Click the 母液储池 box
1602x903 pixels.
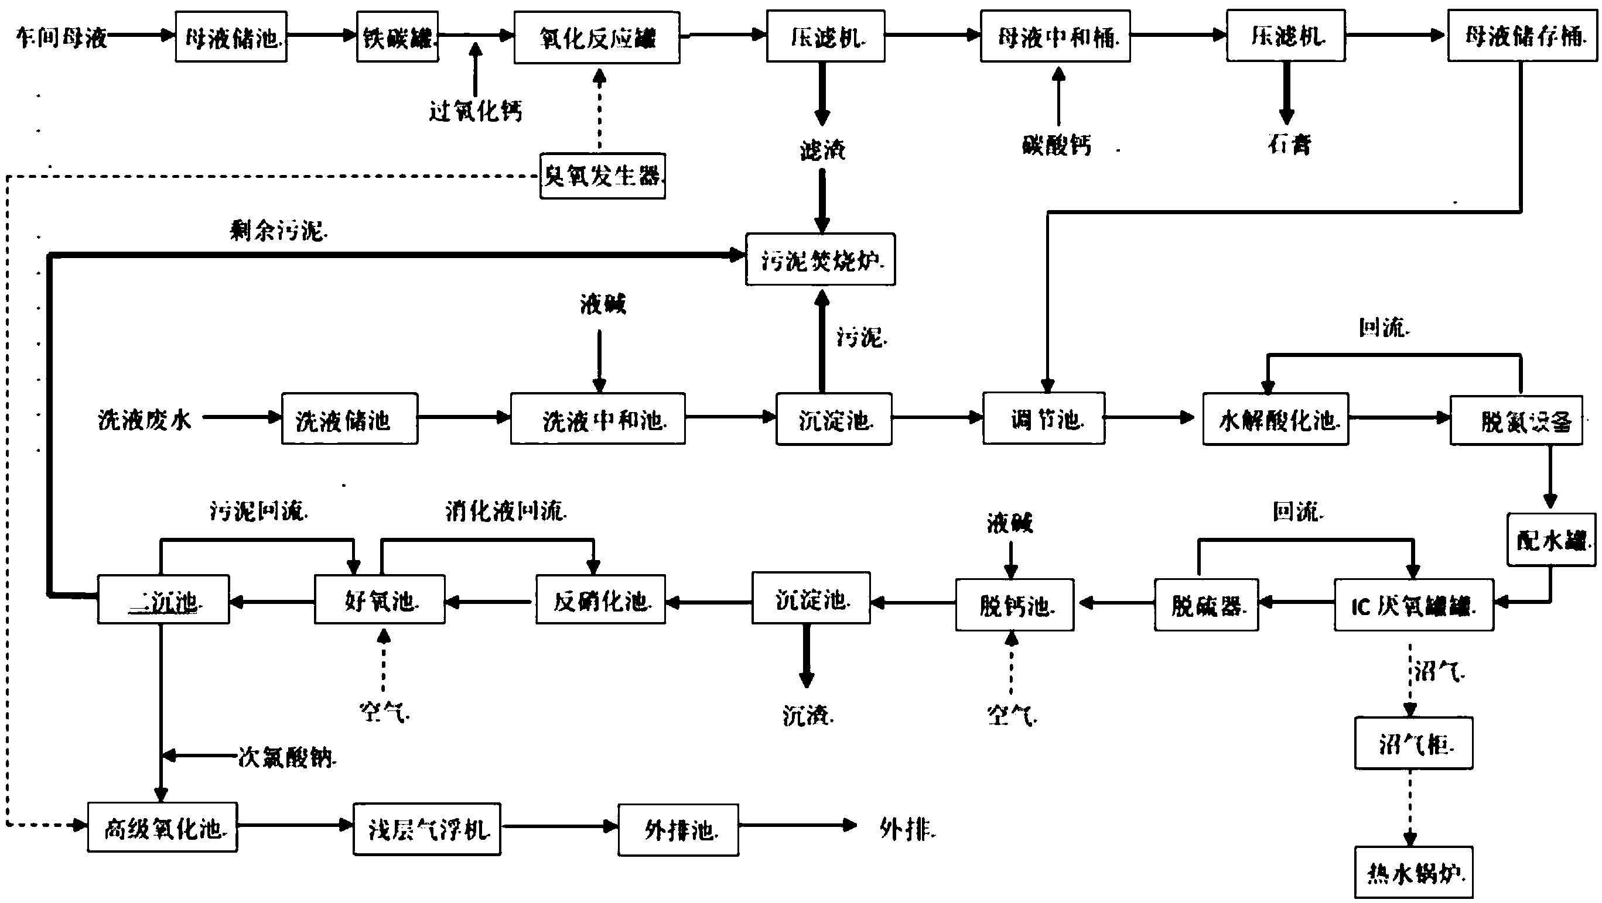(x=231, y=37)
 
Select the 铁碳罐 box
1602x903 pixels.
(x=397, y=37)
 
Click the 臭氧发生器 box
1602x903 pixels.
(x=602, y=176)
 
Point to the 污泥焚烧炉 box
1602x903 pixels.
(x=820, y=260)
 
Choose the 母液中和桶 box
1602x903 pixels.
(x=1056, y=37)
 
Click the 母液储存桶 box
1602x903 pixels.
(x=1522, y=36)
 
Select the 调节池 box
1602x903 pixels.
(x=1044, y=419)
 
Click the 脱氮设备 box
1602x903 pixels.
(x=1516, y=421)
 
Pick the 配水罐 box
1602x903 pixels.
(x=1551, y=540)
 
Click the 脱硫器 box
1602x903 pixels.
(x=1207, y=605)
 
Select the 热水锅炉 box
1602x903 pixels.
(x=1413, y=872)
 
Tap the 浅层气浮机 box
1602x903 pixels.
(x=426, y=829)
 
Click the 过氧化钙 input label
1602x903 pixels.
(x=475, y=111)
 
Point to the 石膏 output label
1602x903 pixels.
(x=1289, y=144)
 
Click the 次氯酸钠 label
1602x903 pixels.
(x=286, y=757)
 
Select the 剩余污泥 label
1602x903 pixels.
(x=278, y=231)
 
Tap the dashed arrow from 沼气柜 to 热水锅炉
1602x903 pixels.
(x=1410, y=806)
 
